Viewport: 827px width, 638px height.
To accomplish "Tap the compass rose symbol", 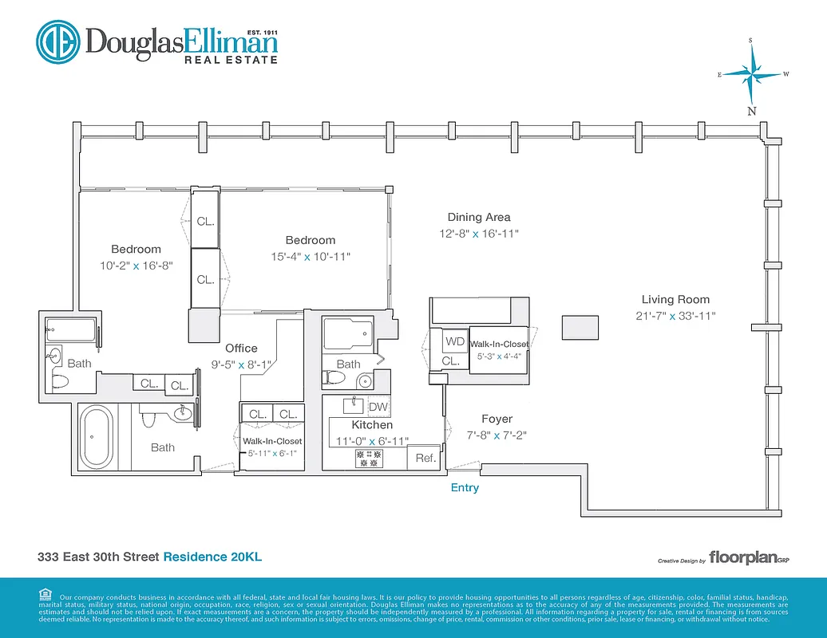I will pyautogui.click(x=751, y=74).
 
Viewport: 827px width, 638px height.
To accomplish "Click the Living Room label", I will pyautogui.click(x=675, y=300).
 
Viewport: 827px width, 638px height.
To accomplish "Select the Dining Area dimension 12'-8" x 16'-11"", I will pyautogui.click(x=478, y=234).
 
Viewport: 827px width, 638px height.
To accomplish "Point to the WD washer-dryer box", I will pyautogui.click(x=455, y=341).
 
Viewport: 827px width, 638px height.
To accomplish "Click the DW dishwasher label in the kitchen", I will pyautogui.click(x=378, y=407).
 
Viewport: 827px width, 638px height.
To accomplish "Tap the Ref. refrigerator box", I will pyautogui.click(x=425, y=459).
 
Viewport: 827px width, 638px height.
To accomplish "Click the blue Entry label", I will pyautogui.click(x=465, y=487).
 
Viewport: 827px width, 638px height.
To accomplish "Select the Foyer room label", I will pyautogui.click(x=497, y=419).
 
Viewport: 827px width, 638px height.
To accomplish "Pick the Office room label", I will pyautogui.click(x=241, y=348).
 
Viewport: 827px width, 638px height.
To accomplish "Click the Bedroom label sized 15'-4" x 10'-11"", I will pyautogui.click(x=311, y=240).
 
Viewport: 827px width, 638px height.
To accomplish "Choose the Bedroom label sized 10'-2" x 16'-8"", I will pyautogui.click(x=136, y=249).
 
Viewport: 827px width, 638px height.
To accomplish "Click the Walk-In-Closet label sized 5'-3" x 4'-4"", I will pyautogui.click(x=499, y=344).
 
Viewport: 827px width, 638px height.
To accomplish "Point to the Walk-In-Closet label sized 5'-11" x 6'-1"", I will pyautogui.click(x=272, y=441).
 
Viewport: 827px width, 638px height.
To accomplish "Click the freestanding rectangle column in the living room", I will pyautogui.click(x=580, y=328).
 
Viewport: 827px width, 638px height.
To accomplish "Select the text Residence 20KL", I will pyautogui.click(x=212, y=557).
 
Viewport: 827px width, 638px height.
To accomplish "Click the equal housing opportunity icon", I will pyautogui.click(x=45, y=593).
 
